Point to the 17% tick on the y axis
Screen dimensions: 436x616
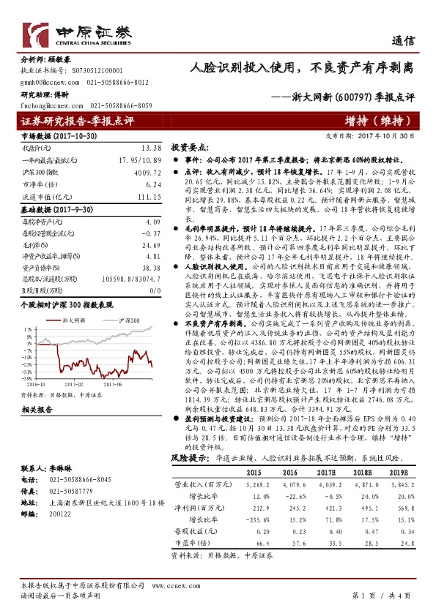(x=26, y=309)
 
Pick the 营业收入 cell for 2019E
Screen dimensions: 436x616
(x=399, y=484)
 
